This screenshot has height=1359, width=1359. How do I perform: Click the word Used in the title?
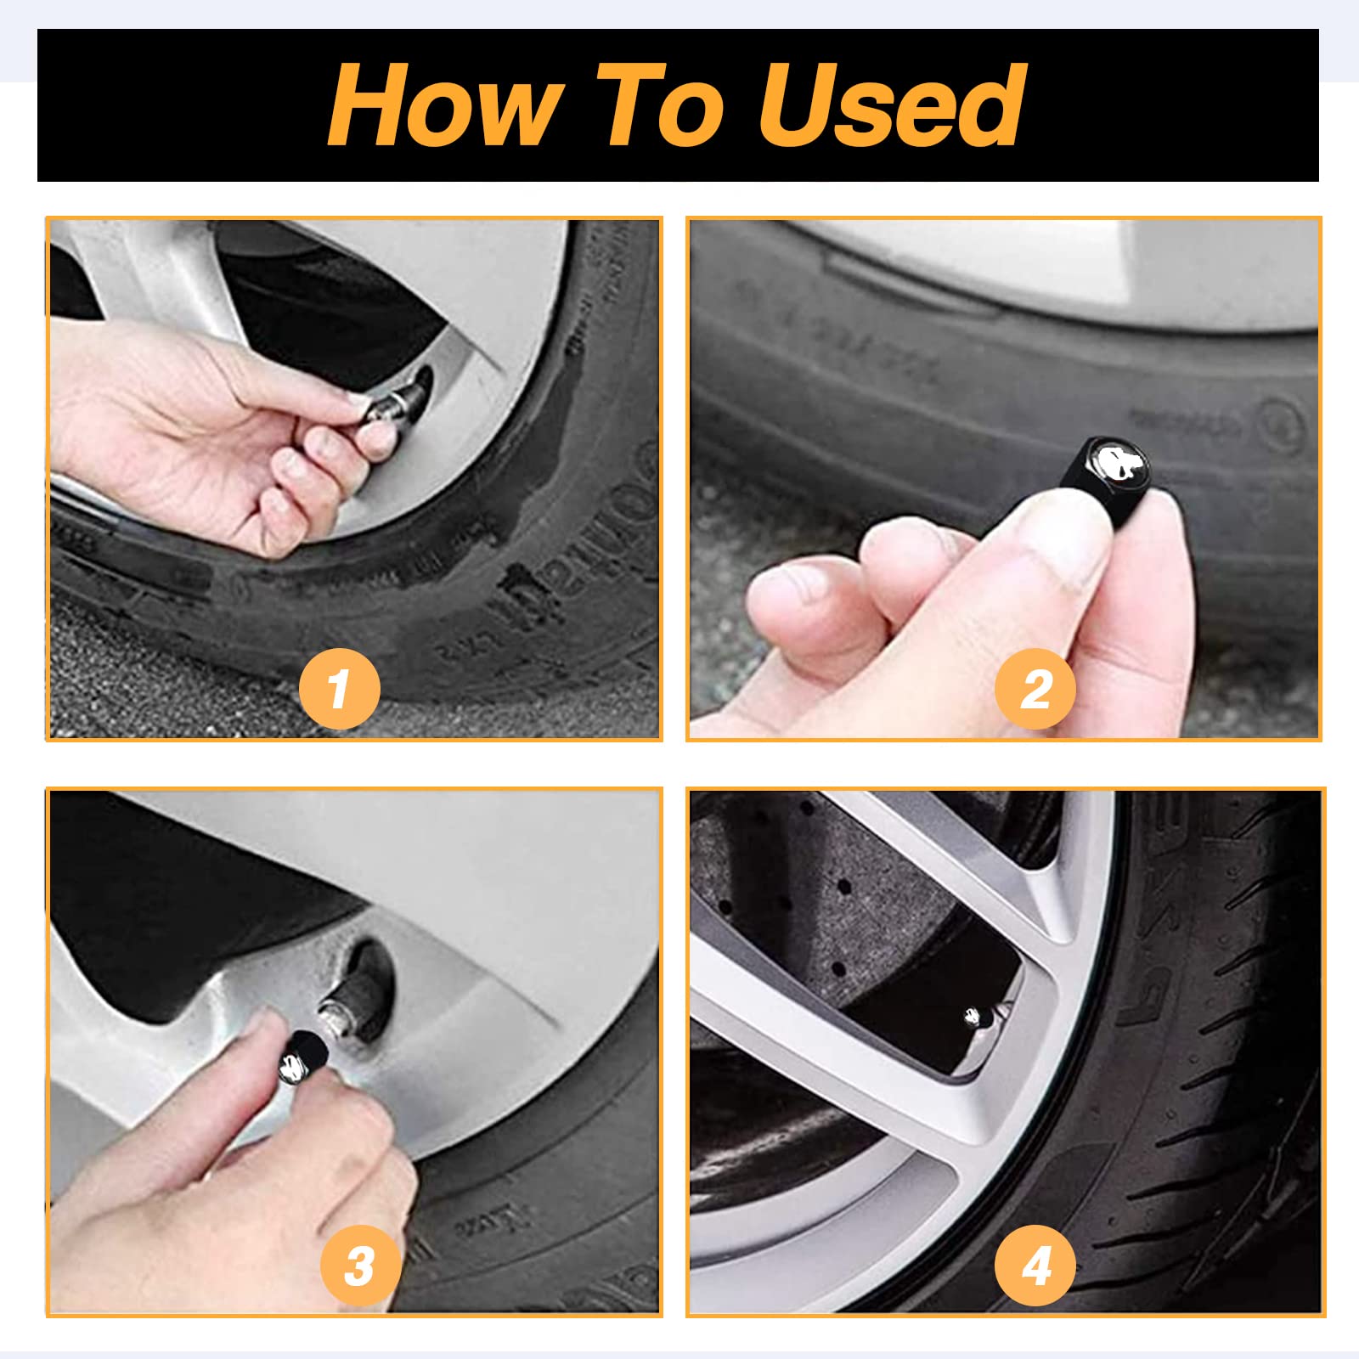click(x=892, y=105)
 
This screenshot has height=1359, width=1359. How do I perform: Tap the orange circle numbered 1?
click(x=339, y=688)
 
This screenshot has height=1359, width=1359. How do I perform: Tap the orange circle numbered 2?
click(x=1035, y=688)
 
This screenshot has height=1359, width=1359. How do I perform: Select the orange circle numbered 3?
click(x=359, y=1266)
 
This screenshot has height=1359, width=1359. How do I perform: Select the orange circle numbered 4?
click(x=1035, y=1266)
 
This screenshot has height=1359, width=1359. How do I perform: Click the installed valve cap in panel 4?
click(x=973, y=1017)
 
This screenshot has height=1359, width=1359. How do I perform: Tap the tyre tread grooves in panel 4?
click(x=1232, y=1062)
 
